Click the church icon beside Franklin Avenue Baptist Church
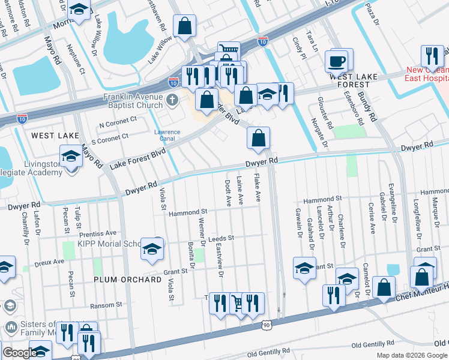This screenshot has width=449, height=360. click(173, 99)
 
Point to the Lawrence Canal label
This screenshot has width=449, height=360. click(167, 136)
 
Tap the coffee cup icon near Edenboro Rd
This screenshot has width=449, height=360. click(336, 60)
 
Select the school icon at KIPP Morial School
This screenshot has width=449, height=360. click(152, 247)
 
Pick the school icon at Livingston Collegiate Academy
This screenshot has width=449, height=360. click(71, 157)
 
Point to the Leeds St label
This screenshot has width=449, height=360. click(221, 238)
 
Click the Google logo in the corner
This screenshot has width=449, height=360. click(20, 353)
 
